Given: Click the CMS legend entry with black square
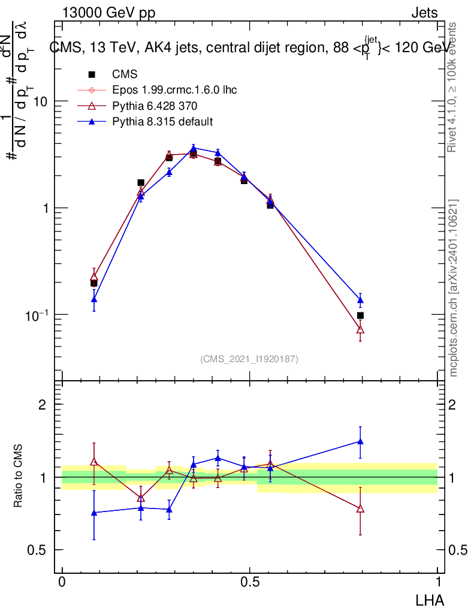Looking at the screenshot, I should click(125, 74).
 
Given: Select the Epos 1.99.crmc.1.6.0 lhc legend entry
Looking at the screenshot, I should click(174, 90).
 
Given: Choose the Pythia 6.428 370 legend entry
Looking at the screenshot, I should click(155, 106).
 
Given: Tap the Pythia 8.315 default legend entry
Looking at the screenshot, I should click(162, 121).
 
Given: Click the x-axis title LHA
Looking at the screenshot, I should click(431, 599).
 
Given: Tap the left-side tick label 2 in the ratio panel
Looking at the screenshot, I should click(43, 405).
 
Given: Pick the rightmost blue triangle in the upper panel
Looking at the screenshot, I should click(360, 300).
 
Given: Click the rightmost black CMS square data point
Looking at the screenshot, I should click(360, 315).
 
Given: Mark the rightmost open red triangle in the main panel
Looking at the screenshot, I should click(360, 329).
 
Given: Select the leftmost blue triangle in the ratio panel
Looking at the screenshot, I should click(93, 513).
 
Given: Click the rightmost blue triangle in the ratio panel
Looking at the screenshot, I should click(360, 441).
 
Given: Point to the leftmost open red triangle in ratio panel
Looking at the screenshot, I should click(93, 462).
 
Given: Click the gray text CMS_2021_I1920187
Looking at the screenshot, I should click(249, 359).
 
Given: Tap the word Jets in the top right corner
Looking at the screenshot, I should click(424, 13).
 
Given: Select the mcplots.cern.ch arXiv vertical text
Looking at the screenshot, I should click(454, 288).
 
